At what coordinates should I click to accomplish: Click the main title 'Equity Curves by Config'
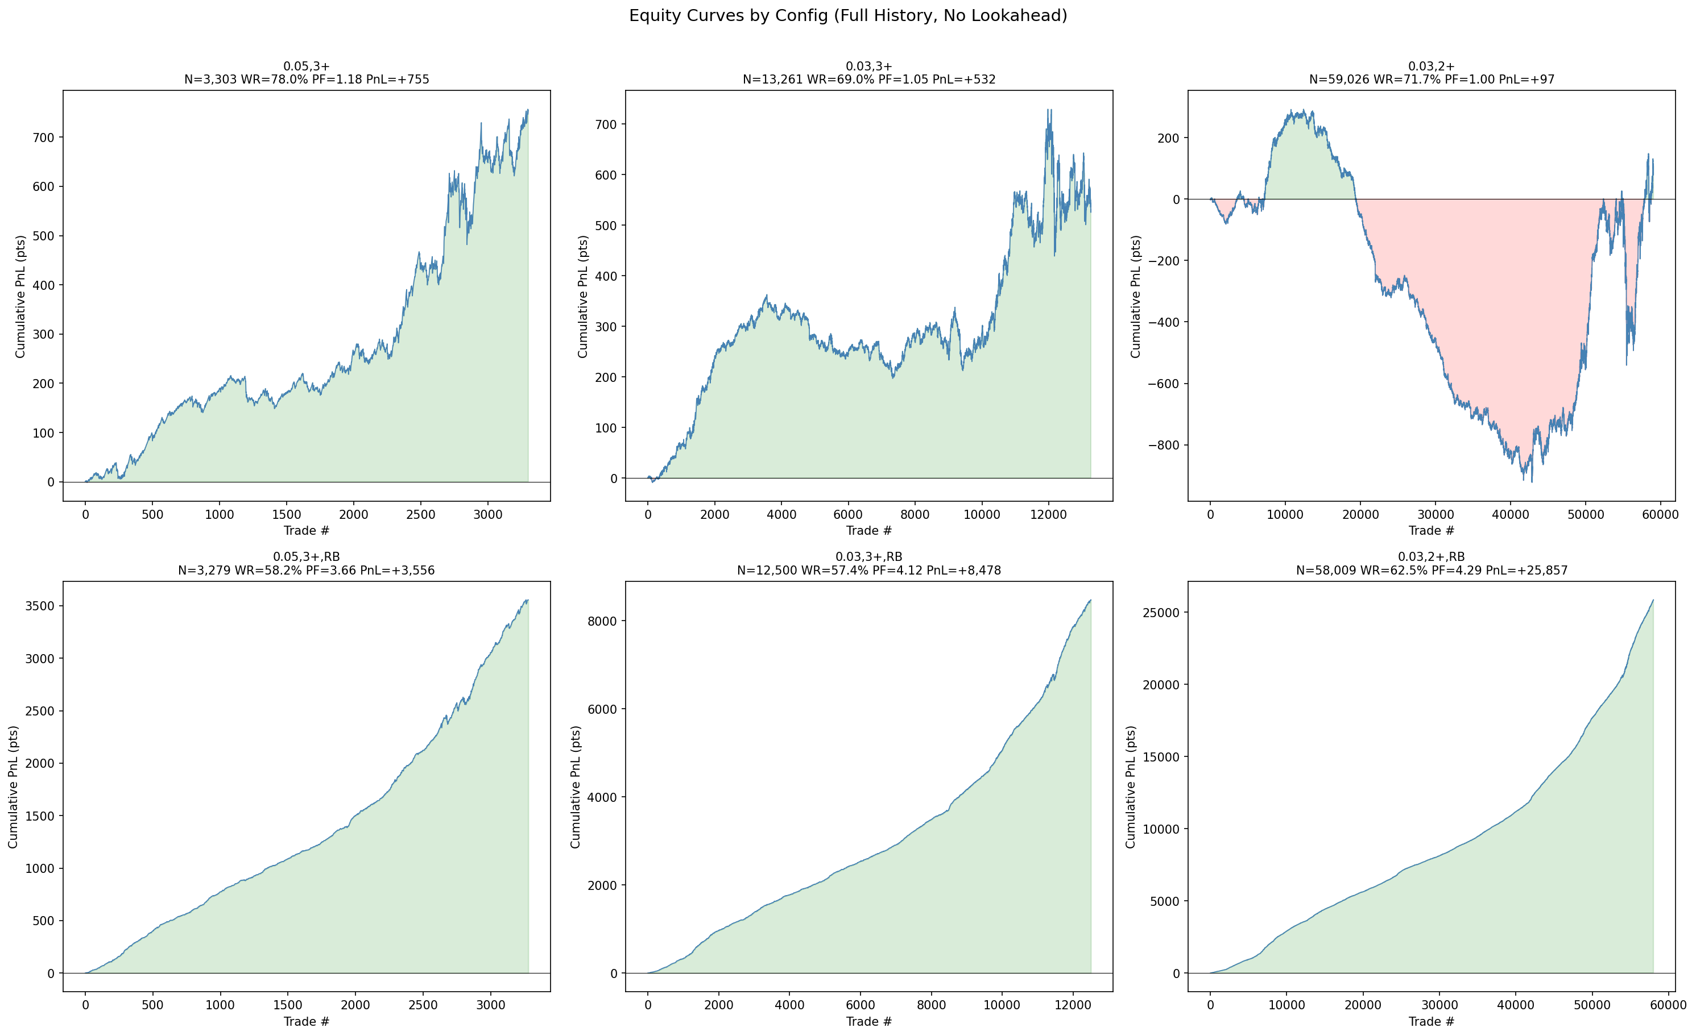pos(847,16)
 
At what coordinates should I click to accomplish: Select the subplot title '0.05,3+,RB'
pos(307,556)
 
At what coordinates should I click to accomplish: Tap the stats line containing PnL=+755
pos(307,80)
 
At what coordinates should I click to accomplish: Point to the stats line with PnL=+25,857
pos(1431,570)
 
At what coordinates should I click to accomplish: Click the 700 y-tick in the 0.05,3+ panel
pos(43,138)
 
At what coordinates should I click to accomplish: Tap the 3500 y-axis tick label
pos(40,606)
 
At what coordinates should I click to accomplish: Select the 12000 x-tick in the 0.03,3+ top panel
pos(1048,514)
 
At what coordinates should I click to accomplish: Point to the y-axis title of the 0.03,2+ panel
pos(1136,297)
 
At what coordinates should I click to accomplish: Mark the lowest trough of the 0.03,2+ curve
pos(1532,481)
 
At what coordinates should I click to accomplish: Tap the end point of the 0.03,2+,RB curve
pos(1653,601)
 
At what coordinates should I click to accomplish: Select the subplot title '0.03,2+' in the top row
pos(1431,66)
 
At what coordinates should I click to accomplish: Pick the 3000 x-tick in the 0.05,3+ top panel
pos(488,514)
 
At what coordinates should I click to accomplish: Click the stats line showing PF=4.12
pos(868,570)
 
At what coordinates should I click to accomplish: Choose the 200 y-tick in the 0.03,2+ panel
pos(1169,138)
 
